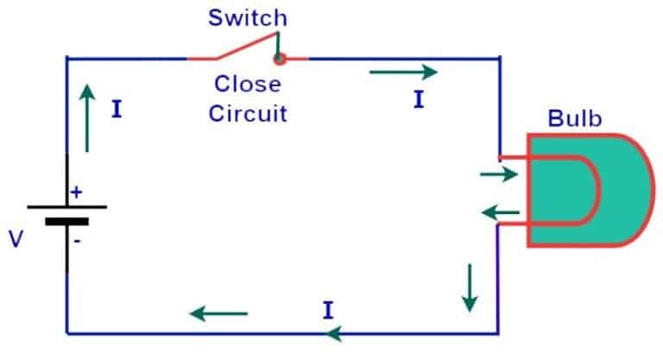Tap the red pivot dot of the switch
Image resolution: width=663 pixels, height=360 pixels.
click(279, 60)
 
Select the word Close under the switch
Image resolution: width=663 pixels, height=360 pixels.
click(248, 85)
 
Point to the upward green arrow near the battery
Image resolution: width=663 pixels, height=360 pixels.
click(86, 117)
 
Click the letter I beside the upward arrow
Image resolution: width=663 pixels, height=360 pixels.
click(117, 110)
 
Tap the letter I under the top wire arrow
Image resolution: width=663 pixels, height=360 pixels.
click(419, 100)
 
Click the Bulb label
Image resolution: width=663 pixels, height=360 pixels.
click(574, 119)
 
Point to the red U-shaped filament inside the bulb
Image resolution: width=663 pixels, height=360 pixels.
click(570, 191)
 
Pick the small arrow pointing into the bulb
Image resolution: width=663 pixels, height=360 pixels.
click(499, 175)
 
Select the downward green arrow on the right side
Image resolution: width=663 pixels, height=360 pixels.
click(469, 287)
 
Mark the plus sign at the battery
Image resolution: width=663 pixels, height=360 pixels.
click(76, 193)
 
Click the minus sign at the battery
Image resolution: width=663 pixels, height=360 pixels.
click(77, 241)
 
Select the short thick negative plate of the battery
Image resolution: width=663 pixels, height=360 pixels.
click(66, 221)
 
